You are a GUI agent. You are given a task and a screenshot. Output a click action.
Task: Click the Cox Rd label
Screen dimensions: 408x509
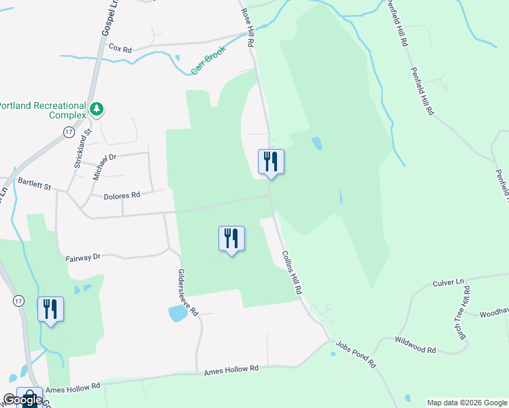[120, 49]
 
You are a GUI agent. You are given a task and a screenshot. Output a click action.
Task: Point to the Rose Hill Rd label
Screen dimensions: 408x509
[248, 29]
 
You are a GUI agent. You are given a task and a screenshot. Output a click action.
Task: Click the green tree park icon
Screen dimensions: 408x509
[97, 109]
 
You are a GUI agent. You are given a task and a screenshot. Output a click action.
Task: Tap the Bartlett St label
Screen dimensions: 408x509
[35, 182]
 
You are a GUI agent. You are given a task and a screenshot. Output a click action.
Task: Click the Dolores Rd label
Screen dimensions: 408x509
[122, 195]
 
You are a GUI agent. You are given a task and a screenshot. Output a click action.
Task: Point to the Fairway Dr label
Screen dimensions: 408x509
[83, 257]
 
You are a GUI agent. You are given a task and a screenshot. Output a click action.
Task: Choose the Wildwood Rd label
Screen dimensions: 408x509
[415, 344]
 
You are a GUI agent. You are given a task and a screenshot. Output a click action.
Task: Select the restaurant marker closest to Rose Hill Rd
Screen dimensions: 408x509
[271, 163]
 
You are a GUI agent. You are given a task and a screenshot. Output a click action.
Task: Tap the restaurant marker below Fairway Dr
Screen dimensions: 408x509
[231, 239]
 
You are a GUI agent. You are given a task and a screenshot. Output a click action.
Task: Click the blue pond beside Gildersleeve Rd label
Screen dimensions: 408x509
[177, 313]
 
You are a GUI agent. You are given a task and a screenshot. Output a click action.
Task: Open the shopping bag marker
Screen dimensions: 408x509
[29, 397]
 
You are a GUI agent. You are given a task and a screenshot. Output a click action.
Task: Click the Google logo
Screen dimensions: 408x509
[21, 400]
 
